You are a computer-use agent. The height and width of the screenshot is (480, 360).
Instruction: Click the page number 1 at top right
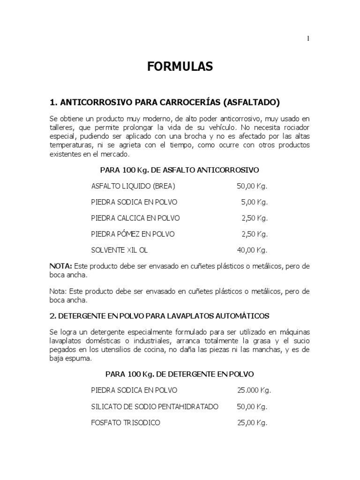tap(308, 39)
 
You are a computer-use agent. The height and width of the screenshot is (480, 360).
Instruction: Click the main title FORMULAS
tap(180, 67)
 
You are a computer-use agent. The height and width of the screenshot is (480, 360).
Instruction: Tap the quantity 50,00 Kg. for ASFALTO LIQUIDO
tap(252, 186)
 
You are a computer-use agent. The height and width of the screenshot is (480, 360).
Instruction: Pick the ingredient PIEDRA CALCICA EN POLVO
tap(135, 218)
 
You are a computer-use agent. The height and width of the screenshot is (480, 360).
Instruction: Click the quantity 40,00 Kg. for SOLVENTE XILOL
tap(252, 250)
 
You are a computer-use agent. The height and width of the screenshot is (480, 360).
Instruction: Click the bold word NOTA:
tap(60, 266)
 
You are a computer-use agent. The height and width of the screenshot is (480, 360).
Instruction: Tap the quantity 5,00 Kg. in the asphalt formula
tap(255, 202)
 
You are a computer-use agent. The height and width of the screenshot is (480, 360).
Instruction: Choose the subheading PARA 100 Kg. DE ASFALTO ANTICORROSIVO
tap(180, 169)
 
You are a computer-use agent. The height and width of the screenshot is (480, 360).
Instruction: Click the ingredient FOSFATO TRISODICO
tap(126, 422)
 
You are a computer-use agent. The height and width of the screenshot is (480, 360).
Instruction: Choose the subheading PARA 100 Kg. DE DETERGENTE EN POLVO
tap(180, 374)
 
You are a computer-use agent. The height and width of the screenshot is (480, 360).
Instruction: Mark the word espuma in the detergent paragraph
tap(79, 358)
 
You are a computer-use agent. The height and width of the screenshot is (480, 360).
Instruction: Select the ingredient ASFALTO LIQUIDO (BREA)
tap(133, 186)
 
